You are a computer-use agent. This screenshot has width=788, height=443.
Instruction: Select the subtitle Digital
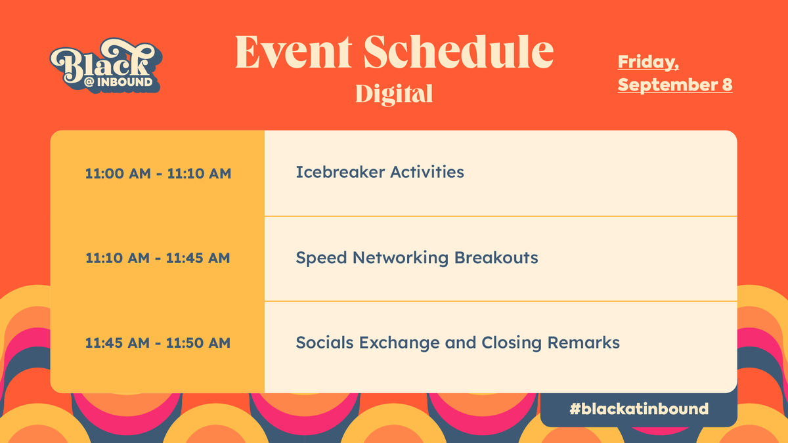coord(394,94)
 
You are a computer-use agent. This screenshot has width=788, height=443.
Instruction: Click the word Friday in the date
coord(647,62)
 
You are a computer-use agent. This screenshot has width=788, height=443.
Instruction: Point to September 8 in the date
coord(675,85)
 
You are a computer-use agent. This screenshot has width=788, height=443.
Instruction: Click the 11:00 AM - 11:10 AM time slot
coord(158,174)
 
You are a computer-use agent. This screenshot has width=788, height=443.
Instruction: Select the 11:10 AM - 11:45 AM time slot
coord(158,258)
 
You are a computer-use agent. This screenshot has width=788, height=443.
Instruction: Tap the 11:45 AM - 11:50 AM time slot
coord(158,343)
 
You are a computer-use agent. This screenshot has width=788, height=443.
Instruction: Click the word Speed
coord(321,258)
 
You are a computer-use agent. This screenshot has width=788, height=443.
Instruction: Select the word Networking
coord(401,258)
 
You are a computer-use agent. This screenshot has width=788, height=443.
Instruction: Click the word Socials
coord(324,343)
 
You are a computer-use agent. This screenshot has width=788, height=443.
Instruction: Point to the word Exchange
coord(401,343)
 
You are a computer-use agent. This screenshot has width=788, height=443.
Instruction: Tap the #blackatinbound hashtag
coord(638,409)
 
